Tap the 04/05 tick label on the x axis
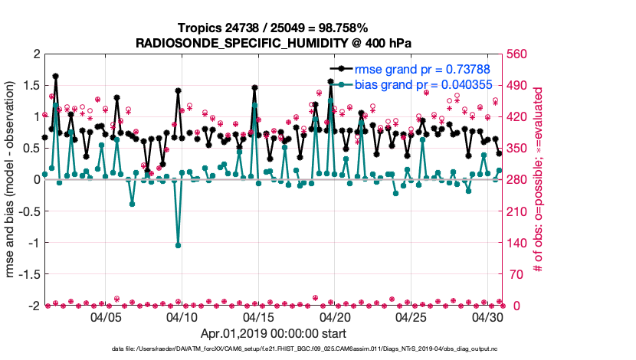[x=107, y=316]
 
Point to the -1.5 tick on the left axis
[x=28, y=273]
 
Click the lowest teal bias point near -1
[x=178, y=245]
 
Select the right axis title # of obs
[x=539, y=179]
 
